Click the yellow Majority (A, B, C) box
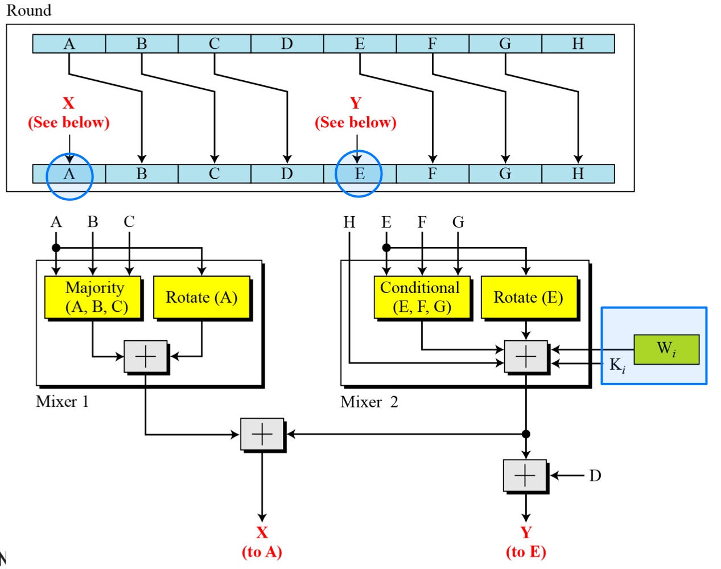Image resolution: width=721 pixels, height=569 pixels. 93,298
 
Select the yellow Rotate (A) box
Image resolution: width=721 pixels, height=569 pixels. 201,298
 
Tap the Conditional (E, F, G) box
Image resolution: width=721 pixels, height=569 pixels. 422,298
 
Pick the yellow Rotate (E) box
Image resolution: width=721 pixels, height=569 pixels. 529,298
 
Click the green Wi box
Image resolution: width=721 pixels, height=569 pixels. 666,349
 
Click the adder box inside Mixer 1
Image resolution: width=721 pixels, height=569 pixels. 146,357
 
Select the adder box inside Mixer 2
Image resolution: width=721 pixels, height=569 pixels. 526,357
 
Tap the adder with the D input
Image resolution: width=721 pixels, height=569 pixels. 525,475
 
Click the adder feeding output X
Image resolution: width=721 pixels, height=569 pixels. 262,434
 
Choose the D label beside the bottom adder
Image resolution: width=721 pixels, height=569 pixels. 595,476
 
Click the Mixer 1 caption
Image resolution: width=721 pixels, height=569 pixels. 62,402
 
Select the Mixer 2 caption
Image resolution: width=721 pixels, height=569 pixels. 369,402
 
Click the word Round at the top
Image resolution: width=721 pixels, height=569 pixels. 28,10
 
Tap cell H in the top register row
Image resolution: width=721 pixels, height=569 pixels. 578,44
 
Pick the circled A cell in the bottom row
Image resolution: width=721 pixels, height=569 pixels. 69,174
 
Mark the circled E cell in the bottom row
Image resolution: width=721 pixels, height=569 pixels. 360,174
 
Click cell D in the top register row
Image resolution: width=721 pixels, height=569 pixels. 287,44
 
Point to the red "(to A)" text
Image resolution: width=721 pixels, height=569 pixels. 262,551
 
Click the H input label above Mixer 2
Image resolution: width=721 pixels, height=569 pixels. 349,222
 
